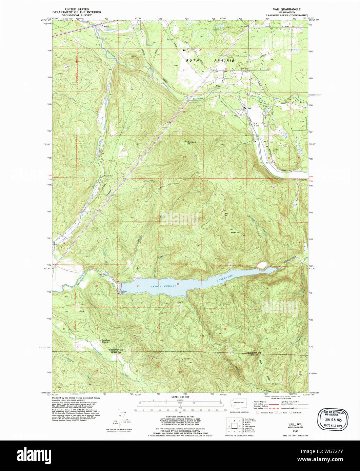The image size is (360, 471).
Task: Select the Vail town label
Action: tap(250, 108)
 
